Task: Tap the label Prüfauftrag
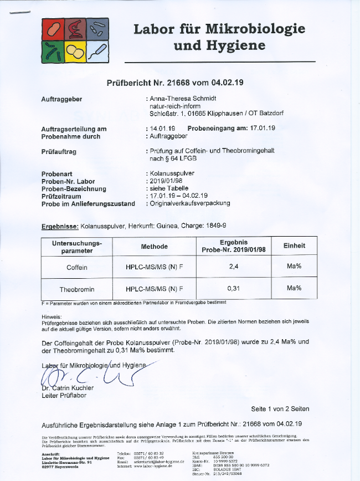point(59,151)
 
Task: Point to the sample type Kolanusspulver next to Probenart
point(173,173)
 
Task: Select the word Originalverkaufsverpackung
point(190,203)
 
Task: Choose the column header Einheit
point(294,245)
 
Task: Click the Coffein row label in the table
point(77,267)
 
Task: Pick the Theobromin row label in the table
point(77,289)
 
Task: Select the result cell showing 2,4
point(233,267)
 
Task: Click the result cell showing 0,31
point(233,289)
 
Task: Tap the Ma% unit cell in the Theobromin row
point(294,288)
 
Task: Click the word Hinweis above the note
point(53,316)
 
